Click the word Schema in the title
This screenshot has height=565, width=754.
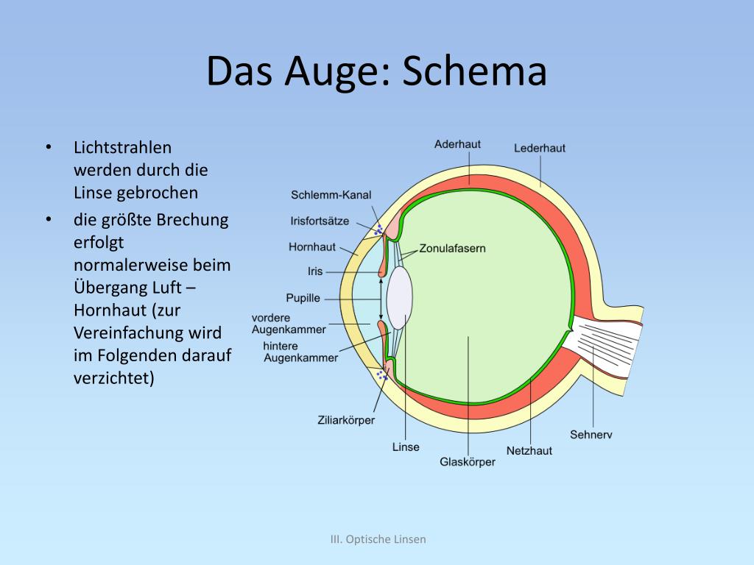476,71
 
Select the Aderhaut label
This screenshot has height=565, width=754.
457,144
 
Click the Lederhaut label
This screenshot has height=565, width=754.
540,148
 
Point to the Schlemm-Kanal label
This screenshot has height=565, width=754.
331,195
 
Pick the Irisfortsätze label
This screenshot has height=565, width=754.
320,221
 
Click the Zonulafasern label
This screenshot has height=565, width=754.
452,249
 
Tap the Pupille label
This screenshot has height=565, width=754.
303,298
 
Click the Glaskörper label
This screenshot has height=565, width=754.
468,461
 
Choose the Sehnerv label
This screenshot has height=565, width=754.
591,434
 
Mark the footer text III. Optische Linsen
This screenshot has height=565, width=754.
378,539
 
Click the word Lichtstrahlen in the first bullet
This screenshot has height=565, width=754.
122,147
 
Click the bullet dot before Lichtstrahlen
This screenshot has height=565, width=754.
49,147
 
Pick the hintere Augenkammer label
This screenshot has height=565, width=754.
300,352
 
